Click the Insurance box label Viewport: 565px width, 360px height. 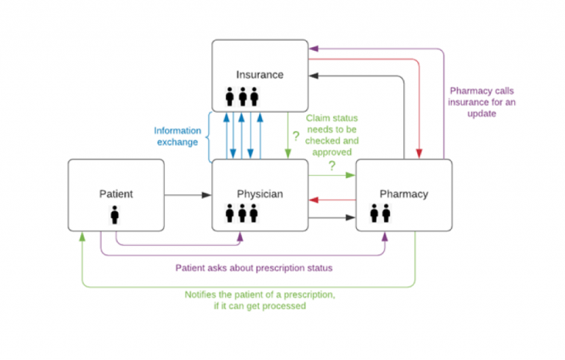pyautogui.click(x=260, y=74)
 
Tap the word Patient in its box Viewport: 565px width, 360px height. pyautogui.click(x=116, y=194)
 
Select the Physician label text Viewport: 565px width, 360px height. pyautogui.click(x=260, y=194)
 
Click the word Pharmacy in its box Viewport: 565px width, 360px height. pyautogui.click(x=403, y=194)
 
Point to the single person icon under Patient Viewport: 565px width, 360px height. pyautogui.click(x=115, y=215)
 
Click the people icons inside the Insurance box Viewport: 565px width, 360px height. pyautogui.click(x=242, y=97)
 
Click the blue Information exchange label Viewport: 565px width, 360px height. pyautogui.click(x=177, y=136)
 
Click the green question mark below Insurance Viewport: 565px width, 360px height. pyautogui.click(x=296, y=136)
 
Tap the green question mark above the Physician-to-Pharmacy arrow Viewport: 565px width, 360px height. pyautogui.click(x=332, y=166)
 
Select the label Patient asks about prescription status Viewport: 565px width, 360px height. pyautogui.click(x=253, y=267)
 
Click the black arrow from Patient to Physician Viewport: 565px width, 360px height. pyautogui.click(x=188, y=195)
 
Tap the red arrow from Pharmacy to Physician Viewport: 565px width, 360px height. pyautogui.click(x=332, y=199)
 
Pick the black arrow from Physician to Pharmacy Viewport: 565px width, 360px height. pyautogui.click(x=332, y=217)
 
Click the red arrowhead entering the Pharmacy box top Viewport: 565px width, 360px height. pyautogui.click(x=419, y=153)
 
